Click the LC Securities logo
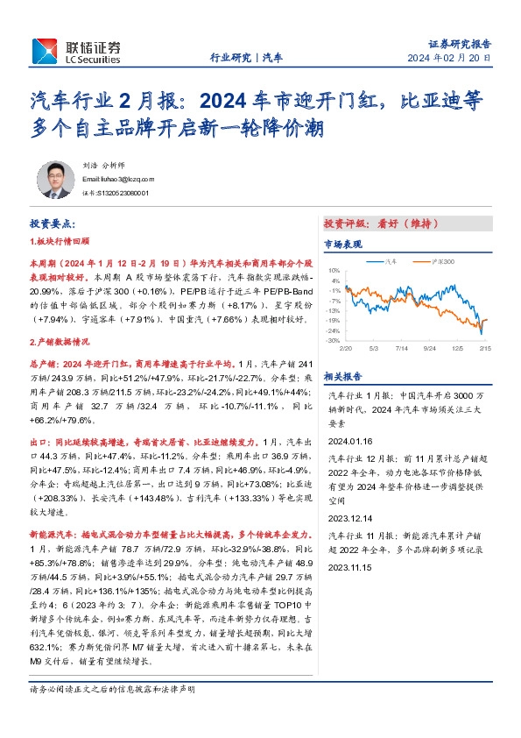coord(75,51)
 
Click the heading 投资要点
coord(54,224)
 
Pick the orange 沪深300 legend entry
coord(441,261)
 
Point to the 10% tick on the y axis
coord(334,272)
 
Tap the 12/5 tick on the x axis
coord(458,348)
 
